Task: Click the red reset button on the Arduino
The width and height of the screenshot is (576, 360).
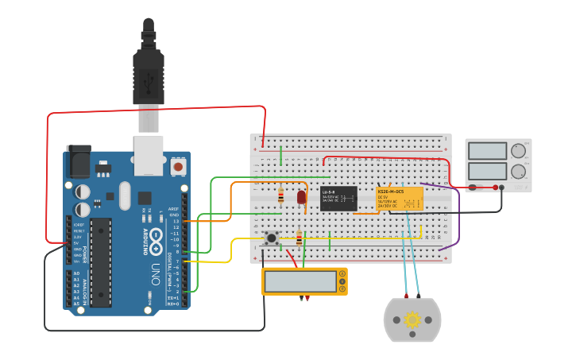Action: tap(179, 167)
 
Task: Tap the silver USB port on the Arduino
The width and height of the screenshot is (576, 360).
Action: tap(148, 155)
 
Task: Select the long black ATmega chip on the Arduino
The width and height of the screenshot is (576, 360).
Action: tap(101, 262)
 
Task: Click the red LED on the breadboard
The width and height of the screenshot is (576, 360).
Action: tap(301, 197)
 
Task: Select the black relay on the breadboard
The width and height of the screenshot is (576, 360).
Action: tap(338, 198)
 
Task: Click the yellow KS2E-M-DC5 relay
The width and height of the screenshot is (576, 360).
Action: tap(399, 199)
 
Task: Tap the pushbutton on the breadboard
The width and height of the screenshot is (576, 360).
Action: tap(272, 238)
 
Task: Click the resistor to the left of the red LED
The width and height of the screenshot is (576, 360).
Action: tap(281, 195)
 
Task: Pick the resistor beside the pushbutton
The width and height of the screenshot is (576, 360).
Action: tap(299, 238)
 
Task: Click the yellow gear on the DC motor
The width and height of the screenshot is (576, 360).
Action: tap(412, 319)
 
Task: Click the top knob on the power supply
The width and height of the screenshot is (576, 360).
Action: tap(518, 151)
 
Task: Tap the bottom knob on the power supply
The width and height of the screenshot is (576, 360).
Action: tap(518, 171)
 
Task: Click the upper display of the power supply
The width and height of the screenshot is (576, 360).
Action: tap(487, 151)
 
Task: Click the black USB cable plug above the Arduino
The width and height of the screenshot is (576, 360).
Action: tap(149, 72)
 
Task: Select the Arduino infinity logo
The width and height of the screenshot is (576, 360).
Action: tap(156, 238)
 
